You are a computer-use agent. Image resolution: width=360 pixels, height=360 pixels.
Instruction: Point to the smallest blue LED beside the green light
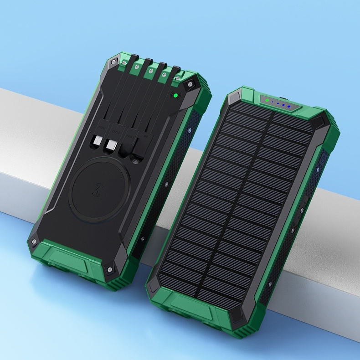pyautogui.click(x=272, y=103)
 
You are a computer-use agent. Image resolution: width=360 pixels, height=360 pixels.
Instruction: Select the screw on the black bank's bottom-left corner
pyautogui.click(x=34, y=240)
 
